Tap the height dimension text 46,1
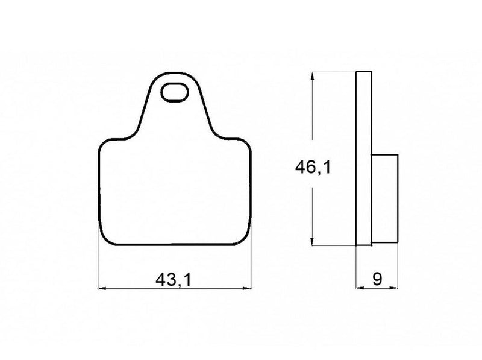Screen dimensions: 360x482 (312, 168)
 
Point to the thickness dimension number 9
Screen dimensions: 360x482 (377, 280)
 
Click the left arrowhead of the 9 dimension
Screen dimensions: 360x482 (360, 288)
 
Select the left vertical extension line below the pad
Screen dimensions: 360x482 (98, 265)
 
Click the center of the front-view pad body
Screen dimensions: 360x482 (175, 193)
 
